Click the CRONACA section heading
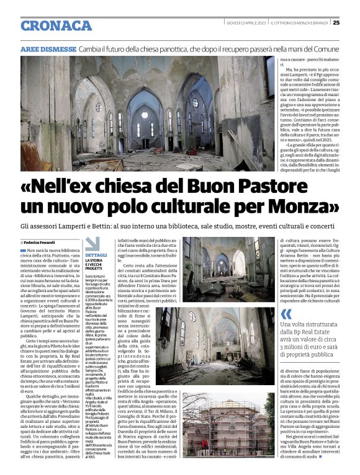tap(56, 25)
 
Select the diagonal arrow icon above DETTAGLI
tap(92, 244)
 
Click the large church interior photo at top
tap(147, 113)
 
